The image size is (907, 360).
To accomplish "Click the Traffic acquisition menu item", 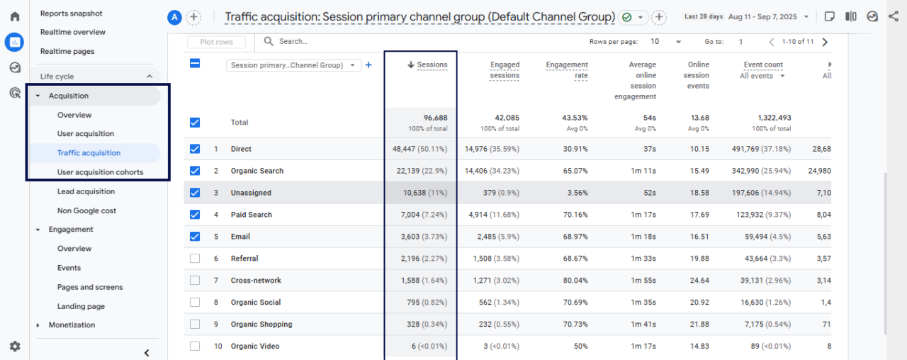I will [89, 153].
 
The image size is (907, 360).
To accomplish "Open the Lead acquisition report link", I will [86, 191].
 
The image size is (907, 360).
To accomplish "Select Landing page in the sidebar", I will [81, 306].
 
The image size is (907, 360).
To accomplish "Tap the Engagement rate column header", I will [566, 69].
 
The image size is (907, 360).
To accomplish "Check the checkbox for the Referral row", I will [195, 259].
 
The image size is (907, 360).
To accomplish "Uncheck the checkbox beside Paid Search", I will [195, 215].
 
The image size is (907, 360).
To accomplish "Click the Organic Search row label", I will [257, 171].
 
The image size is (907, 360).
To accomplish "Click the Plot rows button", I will [216, 43].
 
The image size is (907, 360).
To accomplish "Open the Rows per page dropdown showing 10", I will [665, 42].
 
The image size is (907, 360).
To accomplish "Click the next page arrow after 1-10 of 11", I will [825, 42].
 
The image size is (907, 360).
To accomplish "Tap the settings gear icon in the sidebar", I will [15, 347].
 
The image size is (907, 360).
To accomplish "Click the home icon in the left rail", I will [15, 16].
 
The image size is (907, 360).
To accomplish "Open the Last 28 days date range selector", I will [738, 16].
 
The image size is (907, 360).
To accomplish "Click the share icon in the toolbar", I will [893, 16].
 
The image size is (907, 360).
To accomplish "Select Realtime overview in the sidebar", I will [73, 32].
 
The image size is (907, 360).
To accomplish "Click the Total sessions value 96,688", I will [435, 118].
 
